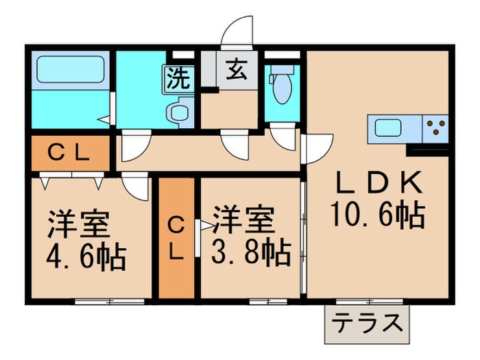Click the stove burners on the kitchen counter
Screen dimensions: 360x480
(435, 128)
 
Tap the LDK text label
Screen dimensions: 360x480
(376, 184)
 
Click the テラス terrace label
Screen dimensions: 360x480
(366, 322)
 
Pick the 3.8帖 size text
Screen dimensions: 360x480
(250, 254)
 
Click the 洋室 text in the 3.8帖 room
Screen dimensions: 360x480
(243, 221)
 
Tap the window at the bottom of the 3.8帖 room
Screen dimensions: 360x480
(268, 300)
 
